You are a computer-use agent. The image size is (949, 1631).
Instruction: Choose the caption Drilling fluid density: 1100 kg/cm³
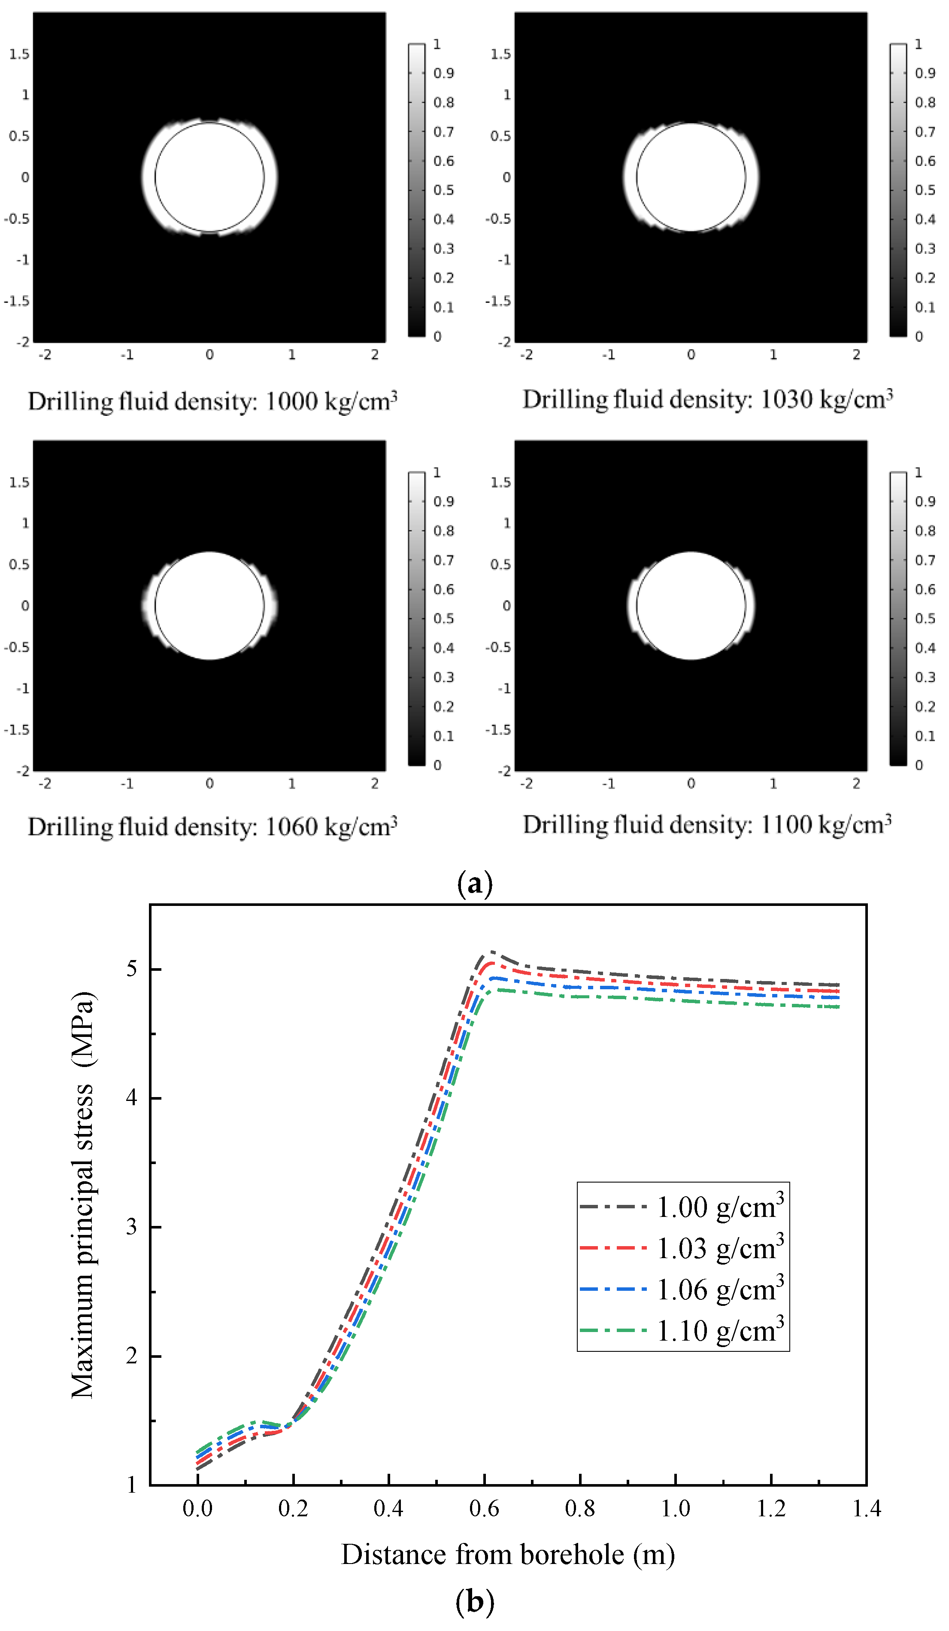pos(707,825)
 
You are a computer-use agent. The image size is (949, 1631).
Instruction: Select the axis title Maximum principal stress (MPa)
pos(83,1195)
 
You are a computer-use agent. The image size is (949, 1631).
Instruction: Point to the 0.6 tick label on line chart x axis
pos(484,1509)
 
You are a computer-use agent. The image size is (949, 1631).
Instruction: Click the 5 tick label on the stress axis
pos(132,969)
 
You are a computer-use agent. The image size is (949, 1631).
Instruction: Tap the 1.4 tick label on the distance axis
pos(866,1509)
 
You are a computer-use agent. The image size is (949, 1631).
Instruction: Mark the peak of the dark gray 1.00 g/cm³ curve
pos(491,952)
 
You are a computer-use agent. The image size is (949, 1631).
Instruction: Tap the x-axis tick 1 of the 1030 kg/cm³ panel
pos(773,355)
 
